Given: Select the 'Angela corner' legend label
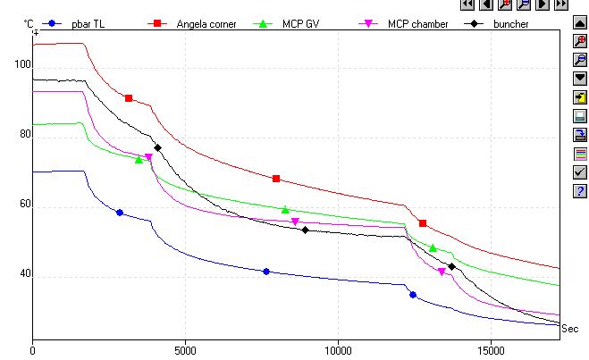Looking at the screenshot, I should click(207, 24).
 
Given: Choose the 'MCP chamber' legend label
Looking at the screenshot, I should click(417, 24).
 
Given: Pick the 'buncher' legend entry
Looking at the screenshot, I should click(510, 24).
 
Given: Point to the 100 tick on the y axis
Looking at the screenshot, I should click(21, 65).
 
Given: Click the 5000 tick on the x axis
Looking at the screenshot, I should click(185, 351).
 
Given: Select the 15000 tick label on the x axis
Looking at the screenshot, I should click(490, 351).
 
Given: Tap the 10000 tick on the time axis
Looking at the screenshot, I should click(338, 351).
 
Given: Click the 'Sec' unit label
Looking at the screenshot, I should click(569, 329).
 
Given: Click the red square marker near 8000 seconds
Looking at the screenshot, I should click(276, 179).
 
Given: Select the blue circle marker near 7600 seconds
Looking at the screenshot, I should click(265, 272).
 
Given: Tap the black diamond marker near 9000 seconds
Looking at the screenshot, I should click(305, 230).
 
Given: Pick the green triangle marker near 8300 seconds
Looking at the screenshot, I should click(286, 210).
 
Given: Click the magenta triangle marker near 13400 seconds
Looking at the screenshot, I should click(442, 272).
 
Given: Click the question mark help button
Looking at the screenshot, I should click(579, 190).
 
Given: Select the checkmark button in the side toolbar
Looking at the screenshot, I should click(579, 172).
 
